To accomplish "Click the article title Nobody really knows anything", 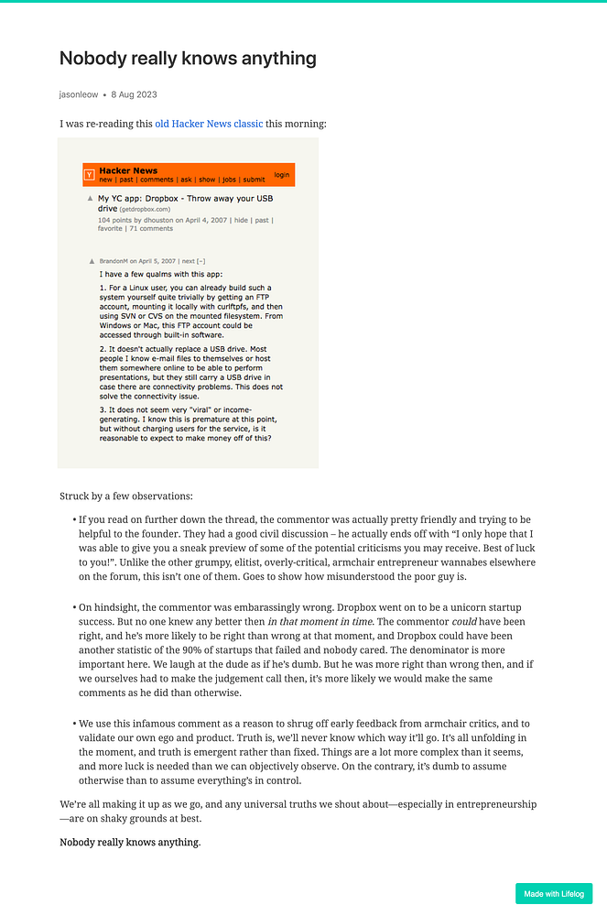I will [188, 59].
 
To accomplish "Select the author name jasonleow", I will [79, 94].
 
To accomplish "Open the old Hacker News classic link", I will [209, 124].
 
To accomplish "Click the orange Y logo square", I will [89, 174].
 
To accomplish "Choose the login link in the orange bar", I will [281, 174].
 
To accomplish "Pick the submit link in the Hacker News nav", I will [254, 180].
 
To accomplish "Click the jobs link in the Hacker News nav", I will [229, 180].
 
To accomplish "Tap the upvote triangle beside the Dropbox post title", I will [90, 198].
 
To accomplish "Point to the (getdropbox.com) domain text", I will [145, 209].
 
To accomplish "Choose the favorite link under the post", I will [110, 228].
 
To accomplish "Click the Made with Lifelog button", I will [553, 894].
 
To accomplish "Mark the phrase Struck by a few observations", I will [126, 496].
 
